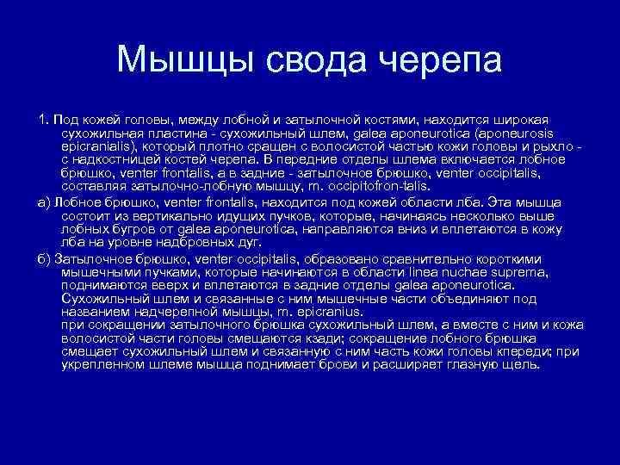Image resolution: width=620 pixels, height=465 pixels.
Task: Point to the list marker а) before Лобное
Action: click(45, 202)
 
